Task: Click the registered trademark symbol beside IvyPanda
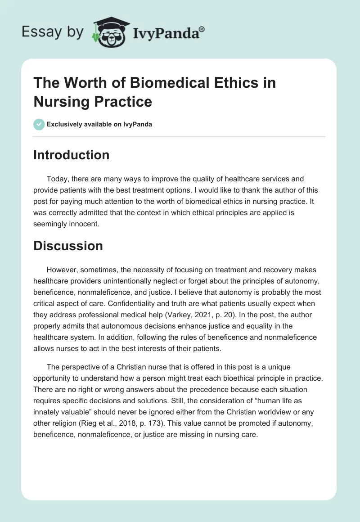click(x=202, y=28)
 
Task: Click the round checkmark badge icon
click(x=39, y=124)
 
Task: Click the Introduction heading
click(x=72, y=155)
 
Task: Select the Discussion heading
click(x=68, y=245)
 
